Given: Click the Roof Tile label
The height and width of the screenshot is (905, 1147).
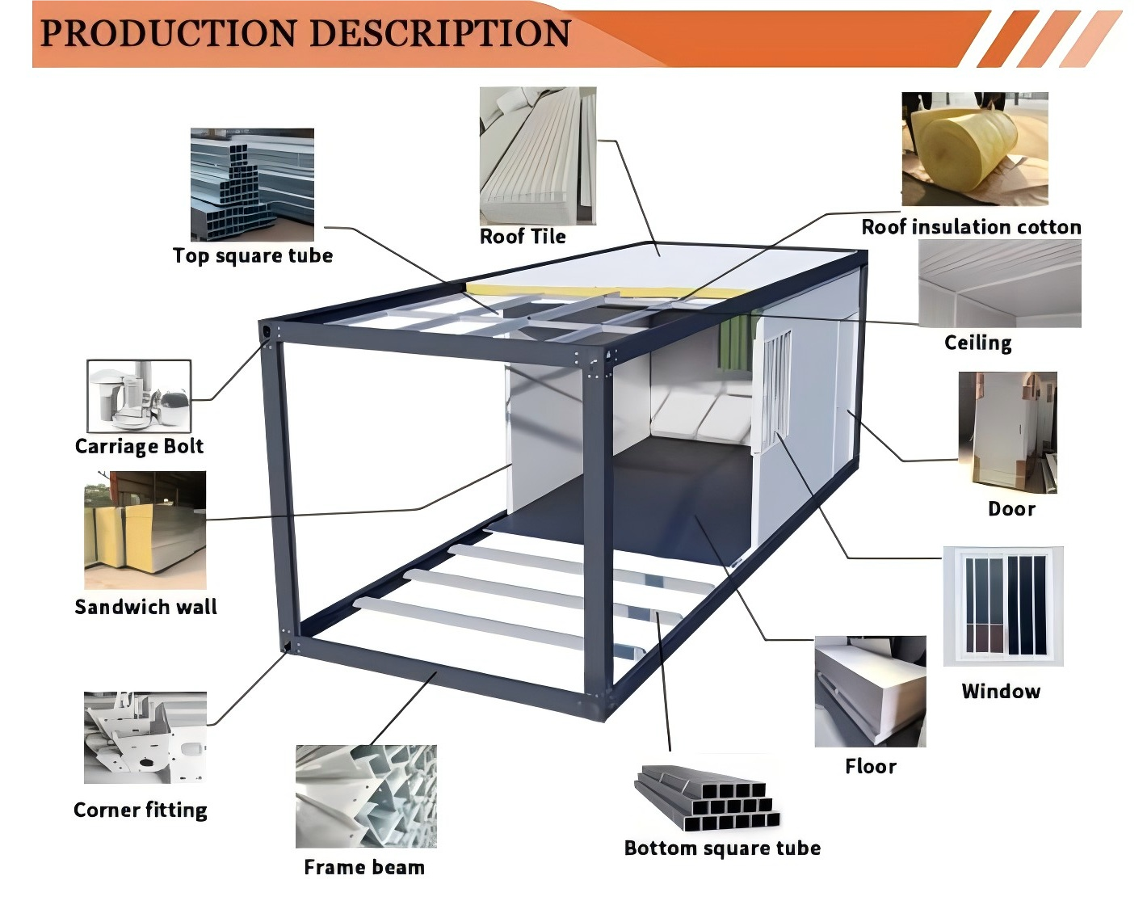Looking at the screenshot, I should pyautogui.click(x=523, y=236).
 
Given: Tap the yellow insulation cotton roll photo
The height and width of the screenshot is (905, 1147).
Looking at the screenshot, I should pyautogui.click(x=974, y=149).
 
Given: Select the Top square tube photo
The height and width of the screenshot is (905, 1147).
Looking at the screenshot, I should pyautogui.click(x=252, y=184).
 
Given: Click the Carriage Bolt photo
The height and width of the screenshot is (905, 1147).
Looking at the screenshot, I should pyautogui.click(x=139, y=396).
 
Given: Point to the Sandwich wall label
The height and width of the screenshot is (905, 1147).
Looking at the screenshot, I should pyautogui.click(x=145, y=607).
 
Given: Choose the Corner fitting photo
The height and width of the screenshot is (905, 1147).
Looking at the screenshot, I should pyautogui.click(x=145, y=737).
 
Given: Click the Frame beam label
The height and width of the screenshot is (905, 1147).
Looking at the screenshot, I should pyautogui.click(x=363, y=867).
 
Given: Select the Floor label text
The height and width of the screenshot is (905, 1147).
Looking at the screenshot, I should pyautogui.click(x=870, y=766).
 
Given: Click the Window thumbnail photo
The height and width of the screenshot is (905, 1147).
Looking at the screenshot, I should pyautogui.click(x=1003, y=606).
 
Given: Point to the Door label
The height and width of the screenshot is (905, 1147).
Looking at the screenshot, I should pyautogui.click(x=1011, y=508).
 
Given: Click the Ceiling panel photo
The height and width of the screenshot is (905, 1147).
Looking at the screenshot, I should pyautogui.click(x=1000, y=284).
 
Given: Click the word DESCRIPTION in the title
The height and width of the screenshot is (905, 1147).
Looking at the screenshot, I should pyautogui.click(x=440, y=34).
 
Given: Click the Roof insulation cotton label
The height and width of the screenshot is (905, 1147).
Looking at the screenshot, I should pyautogui.click(x=971, y=227).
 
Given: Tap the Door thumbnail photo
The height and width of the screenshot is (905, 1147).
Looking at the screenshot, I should pyautogui.click(x=1007, y=432).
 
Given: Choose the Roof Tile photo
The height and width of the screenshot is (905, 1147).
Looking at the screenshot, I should pyautogui.click(x=538, y=156).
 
